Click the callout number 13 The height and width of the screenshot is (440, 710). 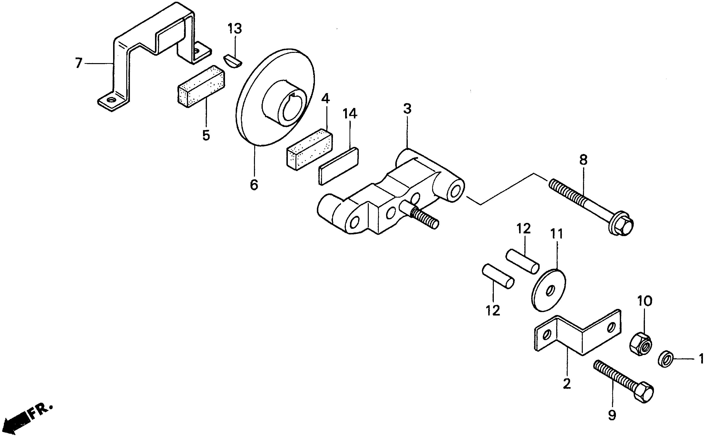tap(235, 29)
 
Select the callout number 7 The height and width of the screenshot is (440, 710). tap(78, 63)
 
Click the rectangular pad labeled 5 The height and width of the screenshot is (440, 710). tap(201, 86)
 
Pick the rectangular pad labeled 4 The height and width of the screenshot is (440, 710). tap(310, 149)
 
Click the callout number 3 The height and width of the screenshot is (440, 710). tap(407, 109)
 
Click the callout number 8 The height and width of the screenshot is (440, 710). tap(583, 160)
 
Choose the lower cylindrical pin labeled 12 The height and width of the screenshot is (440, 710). tap(498, 276)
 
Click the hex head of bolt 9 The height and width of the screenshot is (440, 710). tap(643, 392)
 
